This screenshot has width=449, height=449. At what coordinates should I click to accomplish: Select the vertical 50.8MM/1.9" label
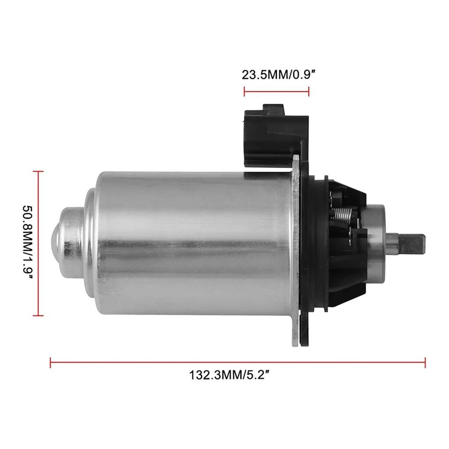pos(28,243)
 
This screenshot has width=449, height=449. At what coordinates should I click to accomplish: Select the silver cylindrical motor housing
pos(193,241)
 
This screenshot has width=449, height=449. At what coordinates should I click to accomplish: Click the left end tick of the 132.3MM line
pos(51,363)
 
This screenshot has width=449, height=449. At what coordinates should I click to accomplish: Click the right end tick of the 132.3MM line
pos(425,363)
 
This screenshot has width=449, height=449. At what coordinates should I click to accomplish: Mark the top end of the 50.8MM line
pos(39,171)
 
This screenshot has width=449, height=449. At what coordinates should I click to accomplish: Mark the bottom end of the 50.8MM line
pos(39,315)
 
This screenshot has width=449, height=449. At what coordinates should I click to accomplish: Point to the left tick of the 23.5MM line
pos(244,91)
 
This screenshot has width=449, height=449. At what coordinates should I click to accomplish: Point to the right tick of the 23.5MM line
pos(309,91)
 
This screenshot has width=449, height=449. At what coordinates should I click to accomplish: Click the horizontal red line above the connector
pos(276,91)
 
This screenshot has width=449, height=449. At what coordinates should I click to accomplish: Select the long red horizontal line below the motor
pos(237,363)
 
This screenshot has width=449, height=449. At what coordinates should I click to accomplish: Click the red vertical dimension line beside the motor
pos(39,243)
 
